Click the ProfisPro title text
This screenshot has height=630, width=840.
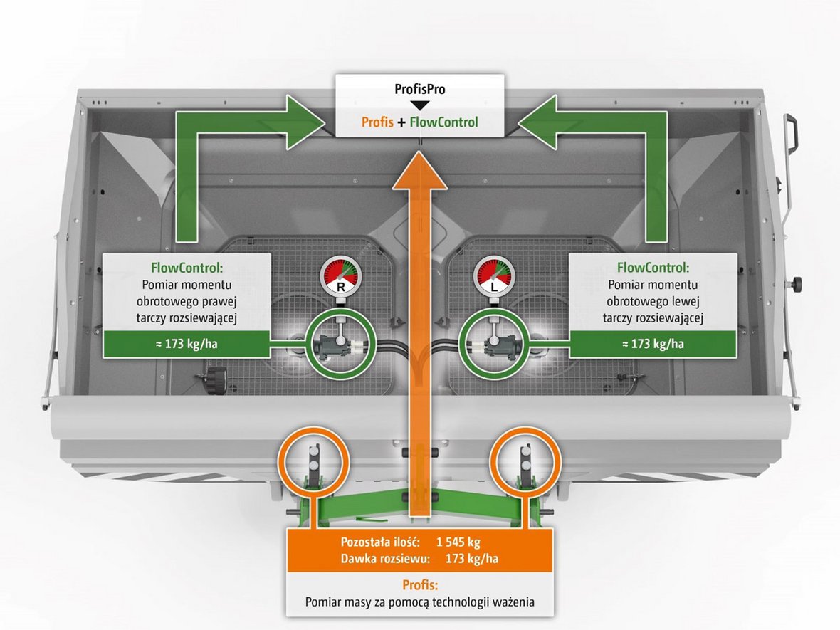(x=419, y=90)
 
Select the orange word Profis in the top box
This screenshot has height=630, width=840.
(x=378, y=122)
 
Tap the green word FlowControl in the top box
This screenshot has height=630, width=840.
(x=443, y=122)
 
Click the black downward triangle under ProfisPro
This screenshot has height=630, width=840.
(x=419, y=105)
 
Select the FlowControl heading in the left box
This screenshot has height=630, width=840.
(x=187, y=268)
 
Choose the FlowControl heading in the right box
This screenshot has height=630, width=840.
(x=653, y=268)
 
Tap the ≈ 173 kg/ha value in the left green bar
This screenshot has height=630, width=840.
(x=187, y=344)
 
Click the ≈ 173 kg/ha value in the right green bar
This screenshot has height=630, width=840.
(x=653, y=344)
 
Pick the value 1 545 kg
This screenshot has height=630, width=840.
(x=458, y=542)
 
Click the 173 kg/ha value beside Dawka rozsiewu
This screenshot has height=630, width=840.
(x=472, y=559)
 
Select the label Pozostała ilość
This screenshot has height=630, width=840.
(x=380, y=542)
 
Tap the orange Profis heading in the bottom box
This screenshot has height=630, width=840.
(x=420, y=585)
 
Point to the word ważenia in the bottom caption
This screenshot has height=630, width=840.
(x=513, y=602)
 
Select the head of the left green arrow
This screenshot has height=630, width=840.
(x=306, y=122)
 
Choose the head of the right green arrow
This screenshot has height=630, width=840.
(x=537, y=122)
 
